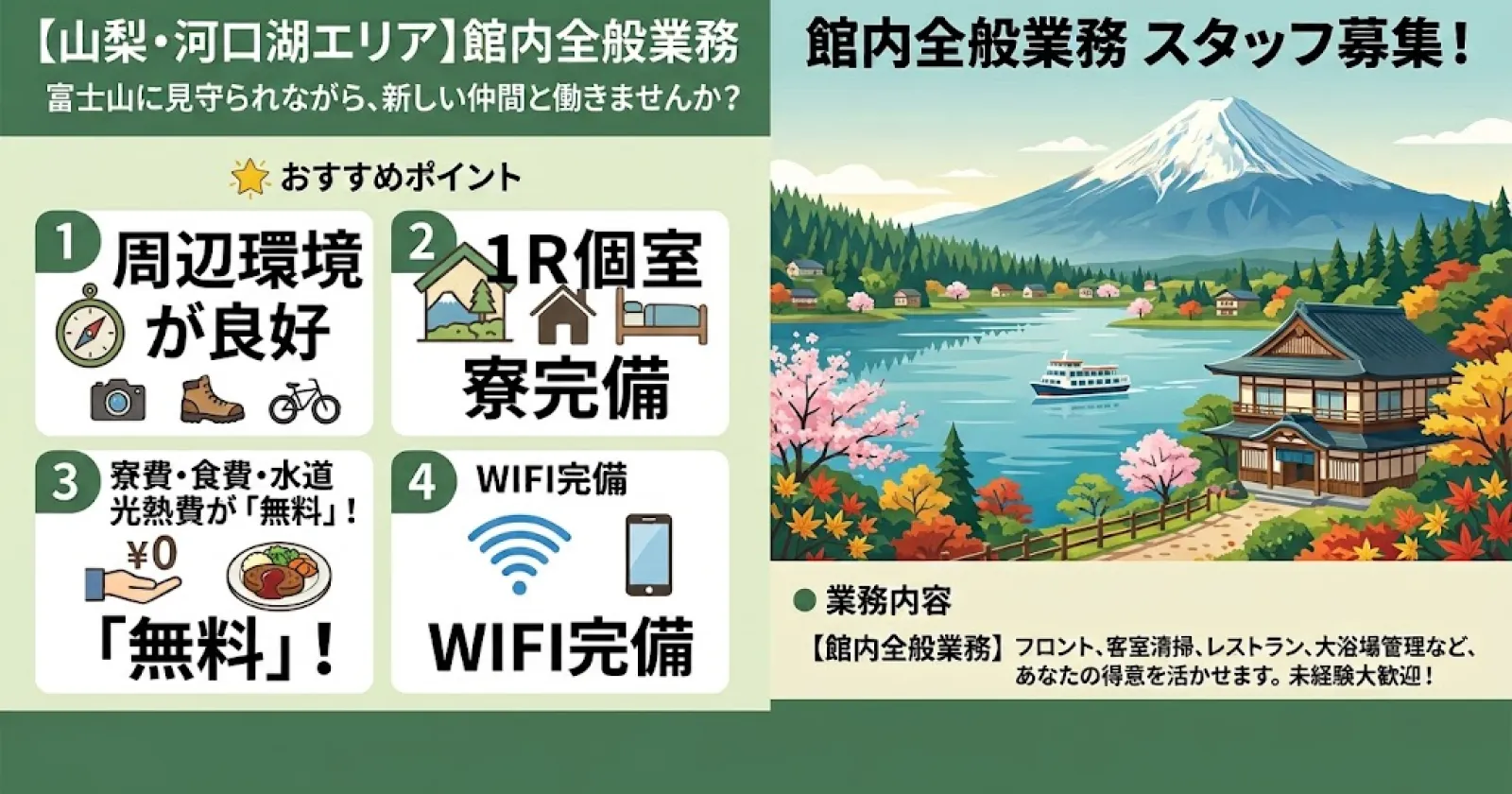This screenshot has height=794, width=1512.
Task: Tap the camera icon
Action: click(x=118, y=401)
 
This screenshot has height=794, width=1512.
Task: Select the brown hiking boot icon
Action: click(x=212, y=399)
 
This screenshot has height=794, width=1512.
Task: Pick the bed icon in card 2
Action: click(x=661, y=321)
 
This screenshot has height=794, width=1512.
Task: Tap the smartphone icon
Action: click(x=648, y=555)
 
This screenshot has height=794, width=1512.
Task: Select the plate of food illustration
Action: click(x=279, y=574)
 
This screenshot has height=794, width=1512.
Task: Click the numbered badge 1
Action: click(x=65, y=243)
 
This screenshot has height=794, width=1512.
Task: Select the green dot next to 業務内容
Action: click(x=804, y=600)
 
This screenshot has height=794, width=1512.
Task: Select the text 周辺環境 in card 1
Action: click(x=237, y=261)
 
